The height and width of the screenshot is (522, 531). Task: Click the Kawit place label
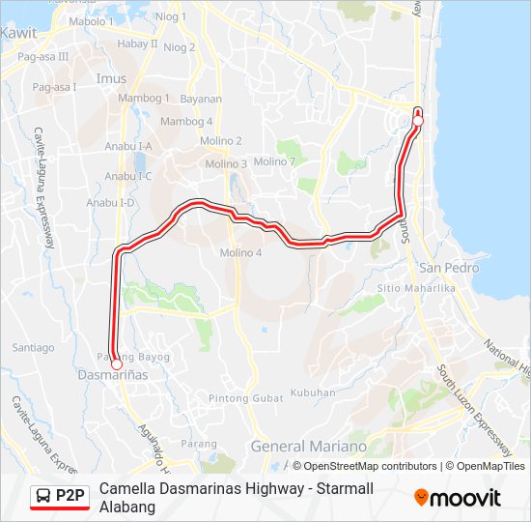18,32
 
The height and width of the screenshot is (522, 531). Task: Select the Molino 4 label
240,253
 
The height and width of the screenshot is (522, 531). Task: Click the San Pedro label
442,266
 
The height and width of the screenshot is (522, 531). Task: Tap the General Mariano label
308,447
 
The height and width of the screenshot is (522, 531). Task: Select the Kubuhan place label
313,392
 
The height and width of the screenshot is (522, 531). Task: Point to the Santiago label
33,347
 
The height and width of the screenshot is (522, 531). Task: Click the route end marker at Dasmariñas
117,364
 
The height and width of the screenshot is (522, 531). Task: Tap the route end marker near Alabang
418,120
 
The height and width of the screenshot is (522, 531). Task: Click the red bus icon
43,497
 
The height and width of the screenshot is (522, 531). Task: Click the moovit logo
458,498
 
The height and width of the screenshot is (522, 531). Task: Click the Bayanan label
201,99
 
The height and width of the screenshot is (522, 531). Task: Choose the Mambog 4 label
186,121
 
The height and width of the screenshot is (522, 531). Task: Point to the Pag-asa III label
43,57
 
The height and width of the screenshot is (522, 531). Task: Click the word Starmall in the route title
285,489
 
